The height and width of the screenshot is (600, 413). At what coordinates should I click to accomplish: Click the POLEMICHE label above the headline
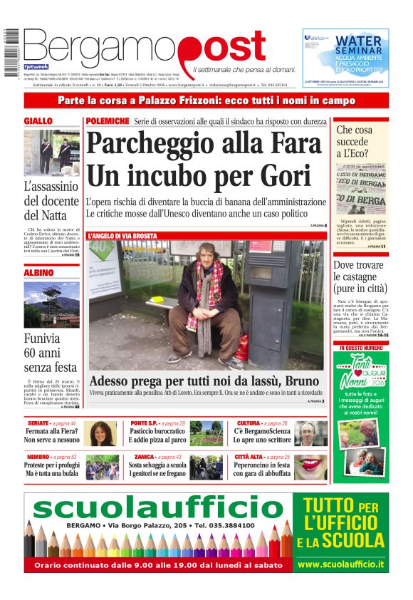(108, 122)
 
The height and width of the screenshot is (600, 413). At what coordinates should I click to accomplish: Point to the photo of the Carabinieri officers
(52, 152)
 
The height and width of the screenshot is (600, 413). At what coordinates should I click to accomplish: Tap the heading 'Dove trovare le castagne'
(360, 277)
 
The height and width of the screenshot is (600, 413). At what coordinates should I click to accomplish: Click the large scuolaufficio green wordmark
(158, 509)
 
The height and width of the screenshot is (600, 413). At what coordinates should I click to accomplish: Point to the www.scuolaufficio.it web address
(341, 564)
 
